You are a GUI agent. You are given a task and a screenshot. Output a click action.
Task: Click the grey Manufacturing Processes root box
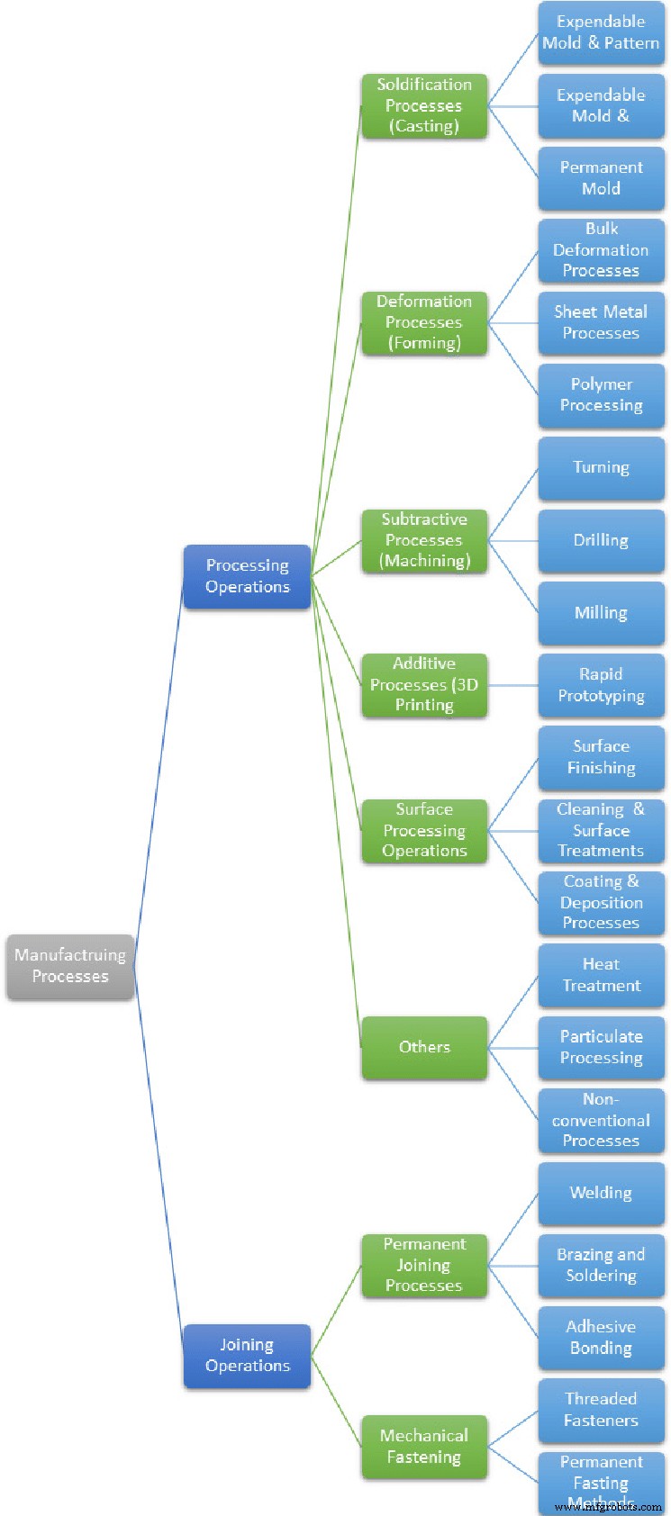[70, 966]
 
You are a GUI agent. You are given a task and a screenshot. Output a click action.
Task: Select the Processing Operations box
[248, 576]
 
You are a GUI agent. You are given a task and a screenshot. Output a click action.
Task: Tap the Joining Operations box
[248, 1356]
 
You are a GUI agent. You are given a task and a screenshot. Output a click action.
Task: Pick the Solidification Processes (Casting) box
[424, 106]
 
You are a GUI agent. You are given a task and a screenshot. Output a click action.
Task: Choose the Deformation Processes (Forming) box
[424, 323]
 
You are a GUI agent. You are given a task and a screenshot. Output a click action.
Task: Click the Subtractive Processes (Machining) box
[424, 541]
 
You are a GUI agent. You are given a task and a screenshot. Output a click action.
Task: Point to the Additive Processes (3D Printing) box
[424, 685]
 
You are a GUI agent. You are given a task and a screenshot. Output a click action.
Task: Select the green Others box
[424, 1047]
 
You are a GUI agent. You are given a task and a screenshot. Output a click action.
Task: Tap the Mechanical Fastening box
[424, 1447]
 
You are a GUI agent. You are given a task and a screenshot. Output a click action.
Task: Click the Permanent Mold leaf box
[601, 178]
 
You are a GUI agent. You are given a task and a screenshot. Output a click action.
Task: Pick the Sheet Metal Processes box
[601, 323]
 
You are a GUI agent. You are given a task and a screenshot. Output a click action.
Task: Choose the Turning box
[601, 468]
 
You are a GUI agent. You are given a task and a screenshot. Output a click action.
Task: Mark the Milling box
[601, 613]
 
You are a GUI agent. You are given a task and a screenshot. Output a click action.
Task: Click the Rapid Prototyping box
[601, 685]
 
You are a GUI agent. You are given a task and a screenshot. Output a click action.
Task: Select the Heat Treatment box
[601, 975]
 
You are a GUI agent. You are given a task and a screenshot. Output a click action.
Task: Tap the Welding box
[601, 1193]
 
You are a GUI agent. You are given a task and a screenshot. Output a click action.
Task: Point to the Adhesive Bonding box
[601, 1338]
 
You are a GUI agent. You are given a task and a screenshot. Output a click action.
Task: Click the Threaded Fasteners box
[601, 1410]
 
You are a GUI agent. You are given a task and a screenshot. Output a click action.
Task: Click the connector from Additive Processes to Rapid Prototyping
[512, 686]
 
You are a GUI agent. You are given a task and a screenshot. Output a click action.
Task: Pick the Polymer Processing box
[601, 395]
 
